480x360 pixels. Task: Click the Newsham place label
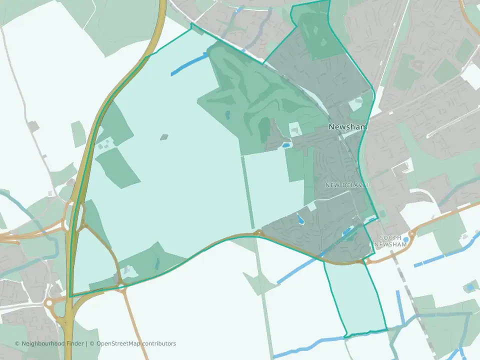(347, 127)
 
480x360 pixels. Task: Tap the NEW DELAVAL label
(347, 185)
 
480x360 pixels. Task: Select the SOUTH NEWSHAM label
(391, 241)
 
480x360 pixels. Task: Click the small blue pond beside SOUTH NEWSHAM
(405, 239)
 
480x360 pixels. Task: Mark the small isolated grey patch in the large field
(164, 136)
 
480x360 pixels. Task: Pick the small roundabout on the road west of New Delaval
(258, 233)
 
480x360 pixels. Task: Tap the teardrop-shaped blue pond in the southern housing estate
(300, 218)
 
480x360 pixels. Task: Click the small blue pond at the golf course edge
(286, 145)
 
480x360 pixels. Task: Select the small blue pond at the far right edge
(469, 287)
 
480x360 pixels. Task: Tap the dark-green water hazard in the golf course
(227, 115)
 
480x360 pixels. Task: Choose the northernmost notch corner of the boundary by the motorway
(191, 23)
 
